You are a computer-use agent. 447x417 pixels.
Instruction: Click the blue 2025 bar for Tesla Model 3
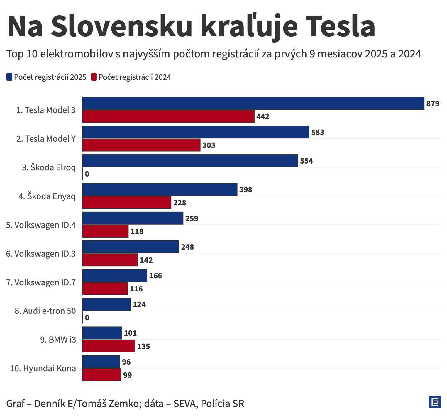253,103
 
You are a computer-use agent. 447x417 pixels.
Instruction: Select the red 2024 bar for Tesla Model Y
141,145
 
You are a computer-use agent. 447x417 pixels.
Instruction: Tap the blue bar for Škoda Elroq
190,161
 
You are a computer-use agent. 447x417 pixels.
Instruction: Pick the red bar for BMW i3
109,346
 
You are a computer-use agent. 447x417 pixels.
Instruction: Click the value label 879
433,104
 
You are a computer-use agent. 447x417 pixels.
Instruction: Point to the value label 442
263,117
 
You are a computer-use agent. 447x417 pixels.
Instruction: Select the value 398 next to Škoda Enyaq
246,190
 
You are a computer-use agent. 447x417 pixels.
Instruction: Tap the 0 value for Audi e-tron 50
87,318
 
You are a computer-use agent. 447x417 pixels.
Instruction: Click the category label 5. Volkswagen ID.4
41,225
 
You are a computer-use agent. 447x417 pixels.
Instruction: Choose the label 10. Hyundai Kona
43,368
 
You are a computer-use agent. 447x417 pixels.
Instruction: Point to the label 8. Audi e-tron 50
45,311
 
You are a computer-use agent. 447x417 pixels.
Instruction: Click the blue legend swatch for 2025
9,77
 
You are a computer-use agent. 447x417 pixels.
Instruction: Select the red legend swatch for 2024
94,77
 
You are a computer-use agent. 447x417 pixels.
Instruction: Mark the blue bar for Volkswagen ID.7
115,276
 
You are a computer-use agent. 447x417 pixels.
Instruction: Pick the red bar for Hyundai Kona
101,375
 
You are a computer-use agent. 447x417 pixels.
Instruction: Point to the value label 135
144,346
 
